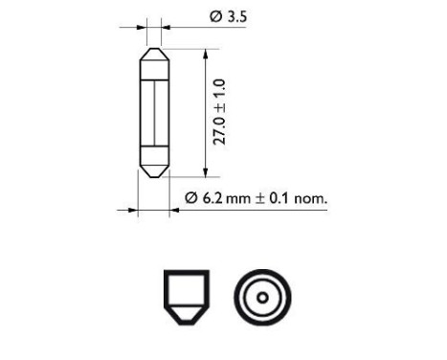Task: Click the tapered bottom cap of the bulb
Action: click(x=154, y=170)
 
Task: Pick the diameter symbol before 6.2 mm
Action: click(x=190, y=199)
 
